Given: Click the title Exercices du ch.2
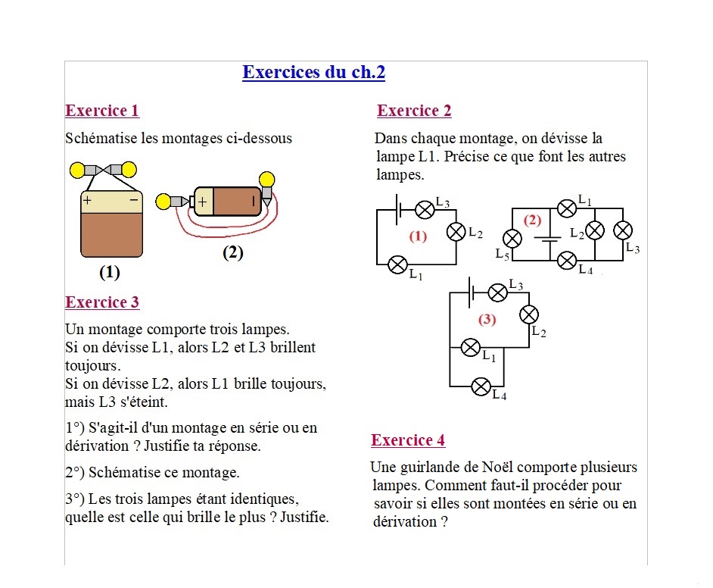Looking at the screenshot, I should point(313,73).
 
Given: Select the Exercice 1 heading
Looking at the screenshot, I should point(102,111).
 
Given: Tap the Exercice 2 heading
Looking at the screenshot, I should point(414,111).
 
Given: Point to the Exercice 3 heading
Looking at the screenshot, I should point(102,302).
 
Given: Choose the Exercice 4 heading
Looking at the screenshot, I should point(408,440).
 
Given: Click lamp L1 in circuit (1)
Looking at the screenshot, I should point(397,264).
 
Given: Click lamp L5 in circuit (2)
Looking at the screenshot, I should point(512,239).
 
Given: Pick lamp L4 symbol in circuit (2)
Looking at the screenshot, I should point(567,261).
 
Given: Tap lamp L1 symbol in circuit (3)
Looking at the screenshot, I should point(471,348).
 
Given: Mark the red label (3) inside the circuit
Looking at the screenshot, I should point(487,320).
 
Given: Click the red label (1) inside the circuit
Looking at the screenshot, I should point(418,236).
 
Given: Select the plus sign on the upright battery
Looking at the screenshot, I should point(87,201).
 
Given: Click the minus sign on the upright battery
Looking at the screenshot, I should point(134,200).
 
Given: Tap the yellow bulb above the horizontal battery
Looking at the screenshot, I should point(266,180).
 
